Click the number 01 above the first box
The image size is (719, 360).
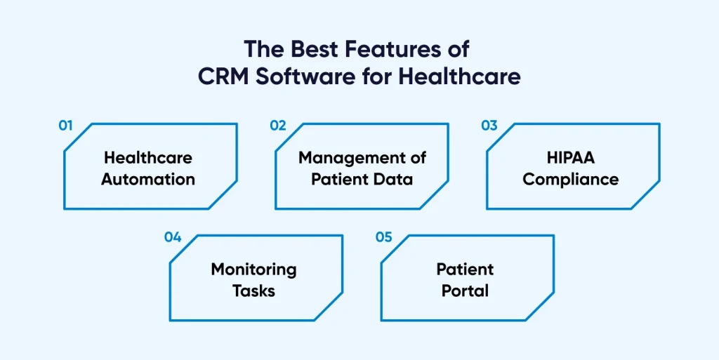(65, 126)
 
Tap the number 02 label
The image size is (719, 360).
(278, 126)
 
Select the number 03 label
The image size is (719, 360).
(489, 126)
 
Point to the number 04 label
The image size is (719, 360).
(173, 236)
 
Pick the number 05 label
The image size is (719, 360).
(383, 236)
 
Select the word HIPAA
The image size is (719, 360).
(571, 157)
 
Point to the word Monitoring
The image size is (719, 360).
(253, 269)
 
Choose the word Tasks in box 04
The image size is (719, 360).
(253, 290)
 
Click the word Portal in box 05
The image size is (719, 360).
(465, 290)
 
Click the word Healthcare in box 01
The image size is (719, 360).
(147, 157)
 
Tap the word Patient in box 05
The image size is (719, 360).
(465, 269)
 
